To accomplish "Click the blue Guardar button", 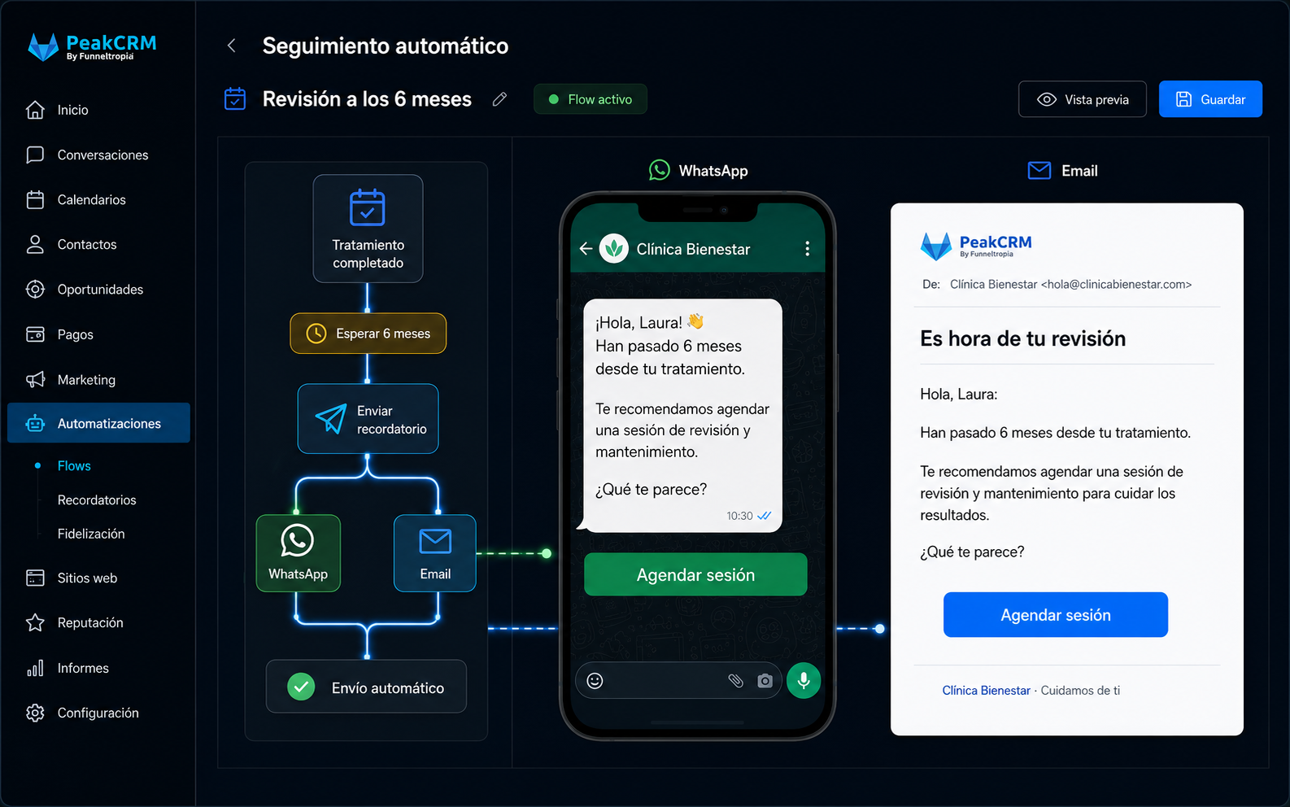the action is point(1210,99).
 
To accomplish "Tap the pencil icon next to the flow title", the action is point(500,99).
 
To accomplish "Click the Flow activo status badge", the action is point(591,99).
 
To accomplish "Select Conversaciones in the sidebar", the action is point(102,155).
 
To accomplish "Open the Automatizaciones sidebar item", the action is point(98,423).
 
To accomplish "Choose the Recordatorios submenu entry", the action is point(97,499).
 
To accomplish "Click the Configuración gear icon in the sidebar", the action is point(35,713).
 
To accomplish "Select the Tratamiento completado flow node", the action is point(368,229).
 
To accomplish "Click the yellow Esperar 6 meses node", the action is point(368,333).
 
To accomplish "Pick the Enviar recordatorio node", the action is point(368,419).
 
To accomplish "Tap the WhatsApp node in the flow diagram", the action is point(299,553).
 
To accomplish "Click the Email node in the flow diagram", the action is point(435,553).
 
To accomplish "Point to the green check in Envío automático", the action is point(301,687).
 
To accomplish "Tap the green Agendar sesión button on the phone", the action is point(695,574).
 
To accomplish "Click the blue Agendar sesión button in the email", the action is point(1056,615).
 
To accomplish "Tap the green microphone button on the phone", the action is point(804,680).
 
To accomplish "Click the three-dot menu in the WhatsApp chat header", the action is point(808,248).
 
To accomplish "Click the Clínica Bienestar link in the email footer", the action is point(986,690).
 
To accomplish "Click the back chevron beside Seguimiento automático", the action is point(232,46).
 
